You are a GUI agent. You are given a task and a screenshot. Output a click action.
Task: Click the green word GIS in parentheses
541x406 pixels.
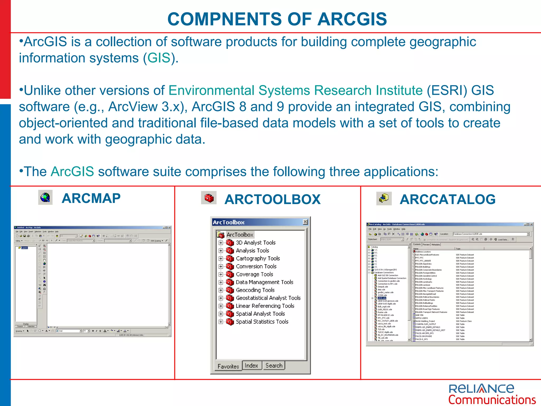point(159,58)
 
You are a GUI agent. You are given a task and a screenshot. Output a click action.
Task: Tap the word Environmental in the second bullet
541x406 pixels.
point(211,90)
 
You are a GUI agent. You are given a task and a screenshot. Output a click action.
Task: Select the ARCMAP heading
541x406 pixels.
point(91,199)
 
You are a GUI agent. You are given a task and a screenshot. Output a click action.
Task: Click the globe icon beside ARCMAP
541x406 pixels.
point(45,197)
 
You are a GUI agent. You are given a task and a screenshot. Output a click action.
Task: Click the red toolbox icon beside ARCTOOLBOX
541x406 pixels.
point(209,198)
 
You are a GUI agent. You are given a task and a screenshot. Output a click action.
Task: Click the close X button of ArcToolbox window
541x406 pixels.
point(305,222)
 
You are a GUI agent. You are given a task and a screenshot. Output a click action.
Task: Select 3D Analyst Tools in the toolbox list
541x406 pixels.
point(255,243)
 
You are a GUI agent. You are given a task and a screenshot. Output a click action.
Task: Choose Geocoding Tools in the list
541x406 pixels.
point(255,290)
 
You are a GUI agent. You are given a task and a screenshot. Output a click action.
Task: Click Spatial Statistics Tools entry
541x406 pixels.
point(262,322)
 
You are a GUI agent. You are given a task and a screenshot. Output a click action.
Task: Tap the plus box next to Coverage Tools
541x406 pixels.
point(221,274)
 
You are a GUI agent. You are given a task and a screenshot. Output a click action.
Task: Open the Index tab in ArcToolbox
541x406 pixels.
point(251,366)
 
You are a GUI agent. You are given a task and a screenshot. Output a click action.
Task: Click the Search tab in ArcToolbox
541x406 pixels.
point(274,366)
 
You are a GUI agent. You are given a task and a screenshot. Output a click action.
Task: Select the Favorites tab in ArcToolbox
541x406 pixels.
point(228,366)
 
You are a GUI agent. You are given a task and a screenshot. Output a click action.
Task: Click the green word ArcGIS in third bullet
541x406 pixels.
point(72,172)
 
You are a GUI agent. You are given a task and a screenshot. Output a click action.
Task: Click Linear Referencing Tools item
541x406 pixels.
point(265,306)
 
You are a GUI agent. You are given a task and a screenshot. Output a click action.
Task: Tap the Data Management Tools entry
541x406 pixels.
point(264,282)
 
